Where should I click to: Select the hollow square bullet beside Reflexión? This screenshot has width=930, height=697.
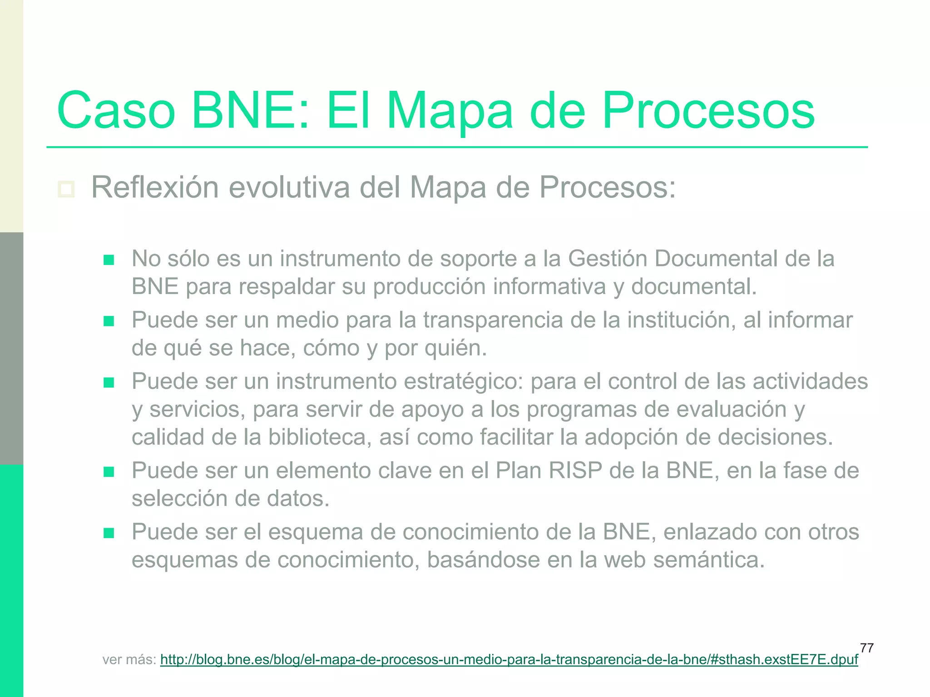66,189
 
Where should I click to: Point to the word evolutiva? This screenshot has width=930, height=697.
289,187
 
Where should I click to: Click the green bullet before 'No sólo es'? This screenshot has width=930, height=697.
109,260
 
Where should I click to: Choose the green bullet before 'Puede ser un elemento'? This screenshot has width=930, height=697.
109,472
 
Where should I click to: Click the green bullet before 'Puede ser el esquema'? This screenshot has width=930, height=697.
109,533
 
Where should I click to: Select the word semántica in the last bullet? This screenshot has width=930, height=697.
709,560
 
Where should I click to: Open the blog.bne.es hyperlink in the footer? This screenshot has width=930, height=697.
509,659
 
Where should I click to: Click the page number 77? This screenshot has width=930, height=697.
866,648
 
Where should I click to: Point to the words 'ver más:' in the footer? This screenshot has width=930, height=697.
129,659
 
